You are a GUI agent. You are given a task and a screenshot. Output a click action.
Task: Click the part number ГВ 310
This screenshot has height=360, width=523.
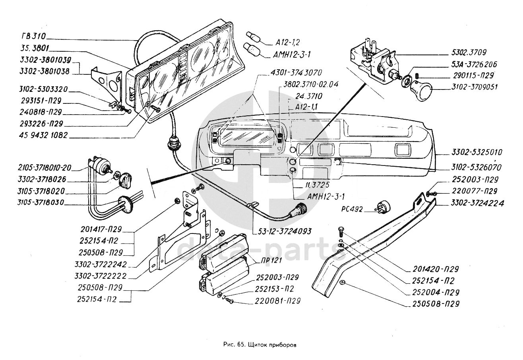point(34,37)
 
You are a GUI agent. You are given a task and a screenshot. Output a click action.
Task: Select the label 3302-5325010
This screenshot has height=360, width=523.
point(477,152)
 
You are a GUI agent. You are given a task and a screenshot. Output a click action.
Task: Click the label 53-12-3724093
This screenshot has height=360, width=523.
point(282,231)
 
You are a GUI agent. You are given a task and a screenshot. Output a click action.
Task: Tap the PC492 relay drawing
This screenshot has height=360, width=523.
point(383,206)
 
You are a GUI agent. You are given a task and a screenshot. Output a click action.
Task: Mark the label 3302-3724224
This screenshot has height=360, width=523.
point(477,203)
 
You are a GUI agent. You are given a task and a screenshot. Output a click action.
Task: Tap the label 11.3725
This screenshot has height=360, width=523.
point(307,185)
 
